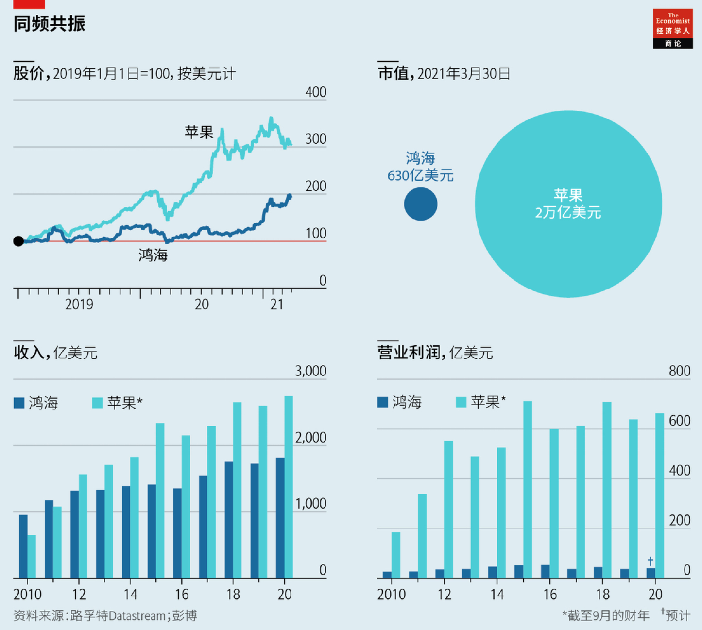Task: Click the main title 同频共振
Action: [49, 23]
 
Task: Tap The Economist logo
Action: [672, 29]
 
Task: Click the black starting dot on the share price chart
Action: [18, 241]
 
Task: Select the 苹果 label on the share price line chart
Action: [199, 132]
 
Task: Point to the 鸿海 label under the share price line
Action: [153, 255]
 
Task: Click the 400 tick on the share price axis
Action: [315, 92]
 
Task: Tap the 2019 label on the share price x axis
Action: [79, 304]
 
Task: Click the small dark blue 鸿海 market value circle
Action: [421, 204]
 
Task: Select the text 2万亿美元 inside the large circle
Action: [568, 213]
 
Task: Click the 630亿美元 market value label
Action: [420, 175]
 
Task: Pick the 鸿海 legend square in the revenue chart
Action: [19, 403]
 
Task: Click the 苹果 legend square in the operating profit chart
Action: [461, 402]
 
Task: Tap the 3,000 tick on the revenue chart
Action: [310, 371]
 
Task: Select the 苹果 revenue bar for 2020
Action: [289, 486]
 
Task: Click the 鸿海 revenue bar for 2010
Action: [23, 546]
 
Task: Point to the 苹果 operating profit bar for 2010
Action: [396, 555]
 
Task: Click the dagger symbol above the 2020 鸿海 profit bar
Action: [651, 561]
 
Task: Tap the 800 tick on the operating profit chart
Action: [679, 371]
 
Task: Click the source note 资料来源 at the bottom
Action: [105, 616]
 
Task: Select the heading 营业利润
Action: [409, 353]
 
